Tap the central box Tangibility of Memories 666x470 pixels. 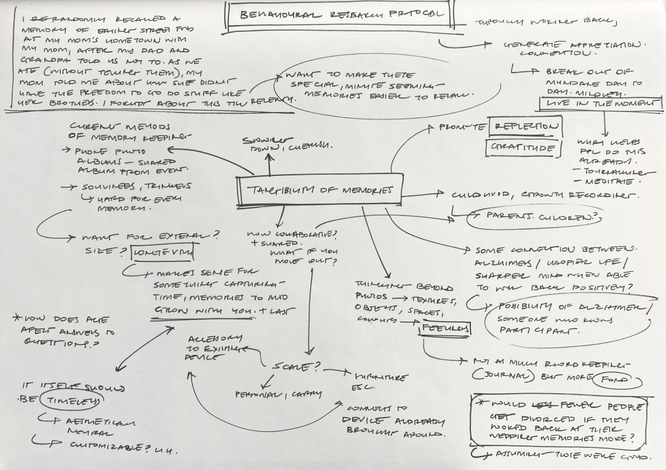pos(315,191)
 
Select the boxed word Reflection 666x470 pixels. pos(524,127)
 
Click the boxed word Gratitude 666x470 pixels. pos(524,148)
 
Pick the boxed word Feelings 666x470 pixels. pos(444,329)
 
